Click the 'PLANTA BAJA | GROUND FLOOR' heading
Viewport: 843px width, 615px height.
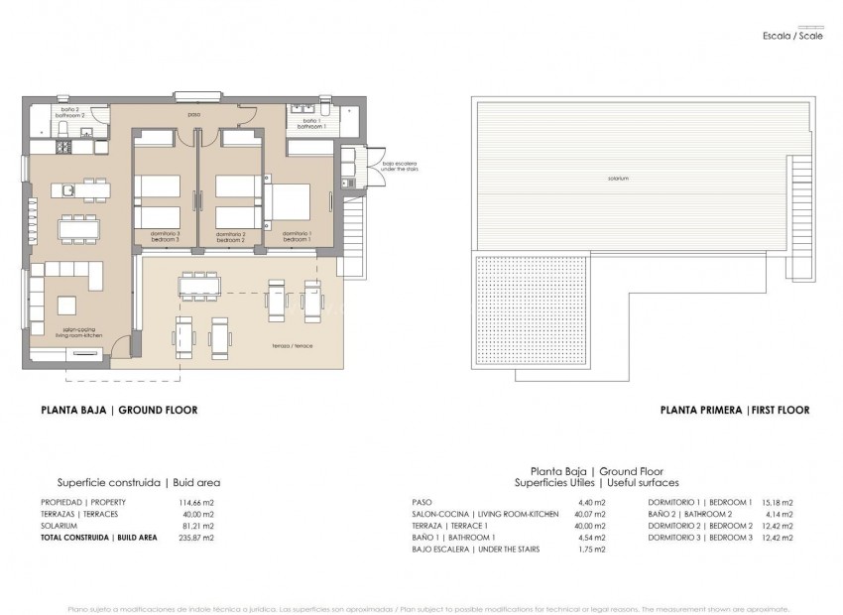[118, 409]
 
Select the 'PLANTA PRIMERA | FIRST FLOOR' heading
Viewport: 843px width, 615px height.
[734, 409]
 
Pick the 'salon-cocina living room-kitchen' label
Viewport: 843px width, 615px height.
[82, 333]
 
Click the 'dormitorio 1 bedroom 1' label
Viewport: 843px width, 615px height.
[297, 238]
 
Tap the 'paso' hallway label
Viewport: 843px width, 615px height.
[195, 114]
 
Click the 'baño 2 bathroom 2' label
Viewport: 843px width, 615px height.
[69, 112]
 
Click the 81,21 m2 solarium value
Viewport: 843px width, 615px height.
[197, 526]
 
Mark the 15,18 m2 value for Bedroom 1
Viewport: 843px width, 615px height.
[779, 502]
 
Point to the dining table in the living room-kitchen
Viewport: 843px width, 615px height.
[78, 229]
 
